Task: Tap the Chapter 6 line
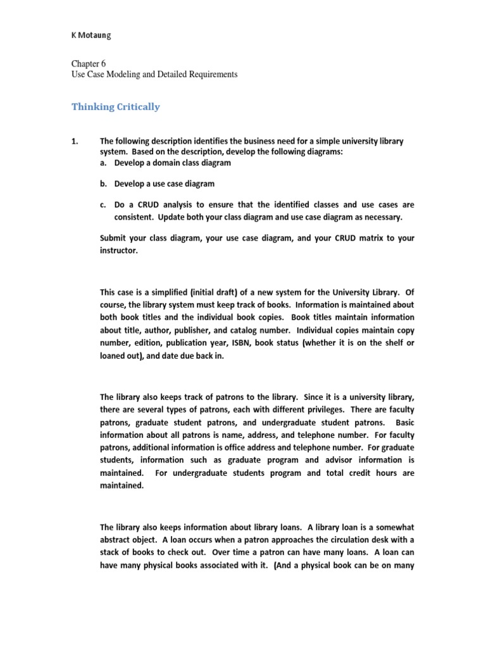[88, 64]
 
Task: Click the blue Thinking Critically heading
[115, 107]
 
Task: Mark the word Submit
[114, 239]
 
